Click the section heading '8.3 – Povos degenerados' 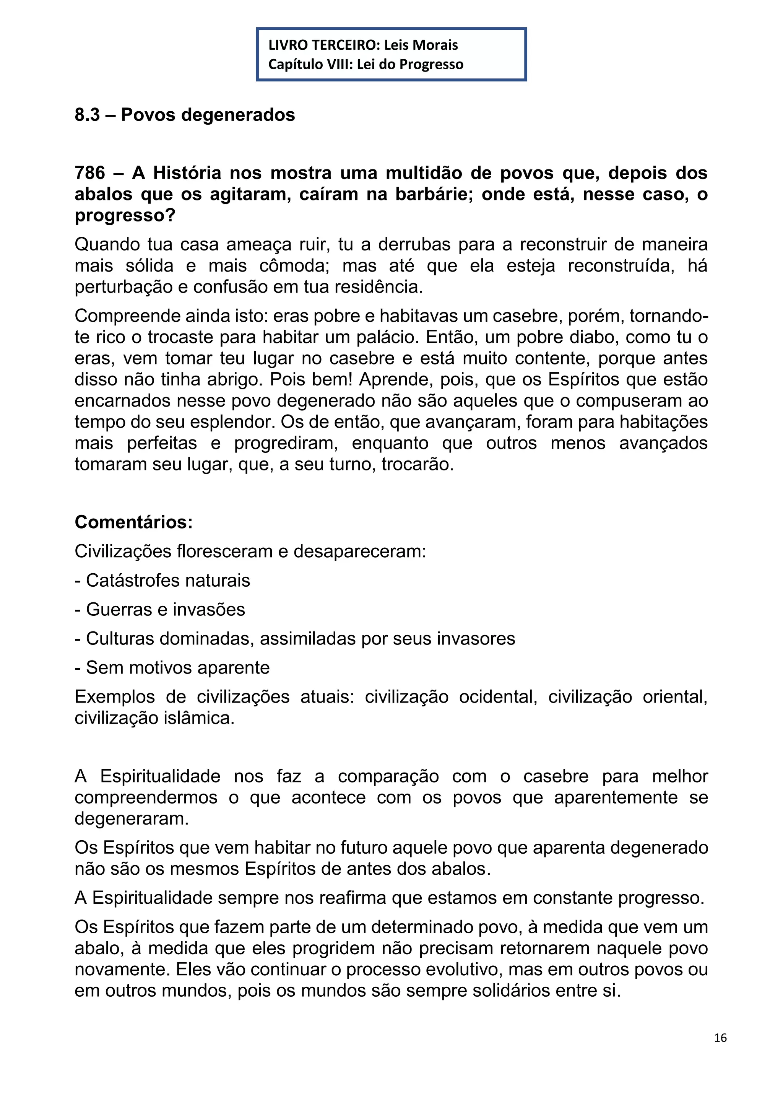tap(185, 115)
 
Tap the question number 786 tap(90, 173)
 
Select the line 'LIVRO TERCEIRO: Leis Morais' tap(363, 45)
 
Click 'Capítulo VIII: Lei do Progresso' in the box tap(366, 64)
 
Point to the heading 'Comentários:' tap(134, 522)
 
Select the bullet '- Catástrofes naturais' tap(162, 581)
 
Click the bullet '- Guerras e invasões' tap(160, 610)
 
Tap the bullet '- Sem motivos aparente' tap(172, 668)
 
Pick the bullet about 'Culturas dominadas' tap(295, 639)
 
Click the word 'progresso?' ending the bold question tap(125, 215)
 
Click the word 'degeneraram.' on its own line tap(132, 819)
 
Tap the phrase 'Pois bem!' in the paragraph tap(311, 379)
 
